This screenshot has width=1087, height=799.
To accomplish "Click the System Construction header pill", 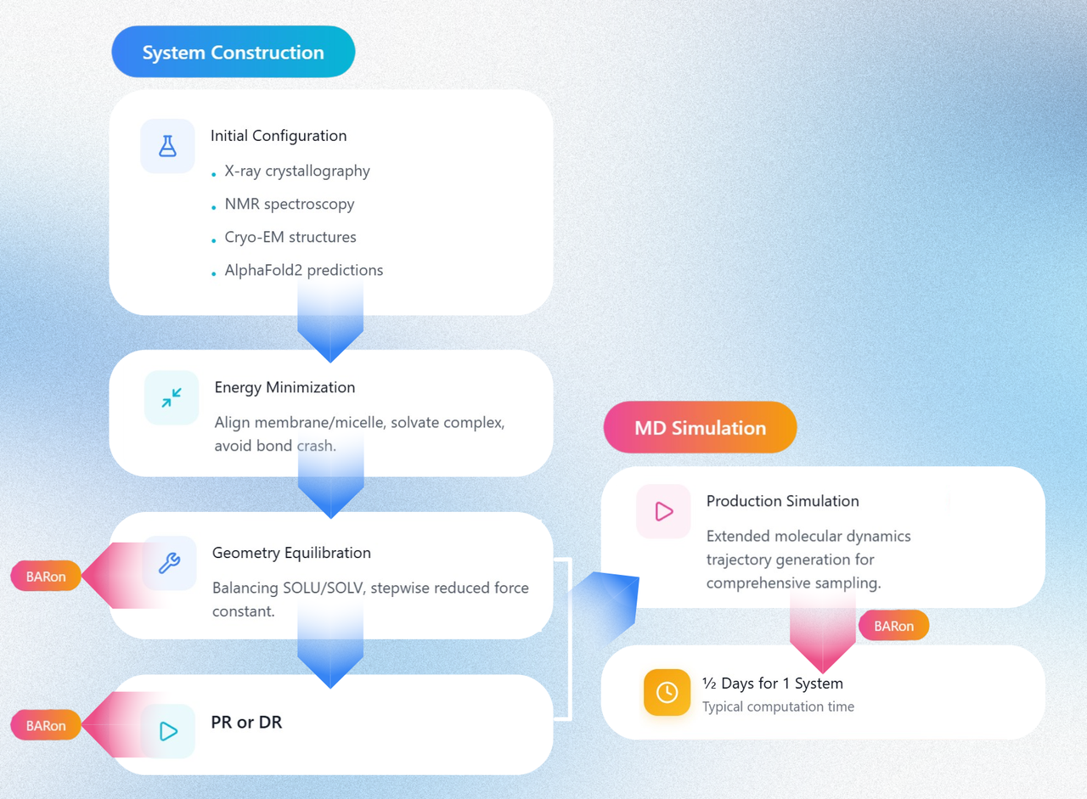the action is (233, 52).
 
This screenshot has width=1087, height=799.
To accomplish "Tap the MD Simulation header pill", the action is (700, 427).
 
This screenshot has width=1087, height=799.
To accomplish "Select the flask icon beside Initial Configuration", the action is (167, 146).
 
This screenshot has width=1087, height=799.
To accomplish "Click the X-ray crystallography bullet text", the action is (297, 172).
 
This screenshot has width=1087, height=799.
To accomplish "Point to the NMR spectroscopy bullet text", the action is (290, 205).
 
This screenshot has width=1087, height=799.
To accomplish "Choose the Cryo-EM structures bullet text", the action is (290, 237).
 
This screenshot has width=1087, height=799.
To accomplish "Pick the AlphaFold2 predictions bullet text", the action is (304, 270).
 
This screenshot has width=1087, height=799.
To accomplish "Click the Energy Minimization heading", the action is (284, 388).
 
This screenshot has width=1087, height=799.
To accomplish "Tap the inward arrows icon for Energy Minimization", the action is (172, 398).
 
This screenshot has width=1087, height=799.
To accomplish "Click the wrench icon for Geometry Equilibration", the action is (169, 563).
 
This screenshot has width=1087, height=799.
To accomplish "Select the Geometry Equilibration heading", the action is (291, 553).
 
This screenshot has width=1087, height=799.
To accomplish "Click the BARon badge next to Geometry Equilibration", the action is (46, 576).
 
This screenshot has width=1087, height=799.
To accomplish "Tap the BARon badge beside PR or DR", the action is (46, 725).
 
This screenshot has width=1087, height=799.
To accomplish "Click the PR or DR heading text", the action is (246, 723).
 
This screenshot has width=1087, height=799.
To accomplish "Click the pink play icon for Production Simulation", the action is (663, 511).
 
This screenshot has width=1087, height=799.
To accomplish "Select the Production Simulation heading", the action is (783, 501).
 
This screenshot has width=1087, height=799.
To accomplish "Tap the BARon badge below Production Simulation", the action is (894, 625).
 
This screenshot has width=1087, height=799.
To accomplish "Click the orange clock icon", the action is (667, 692).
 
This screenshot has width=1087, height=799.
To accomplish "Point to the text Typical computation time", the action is (779, 706).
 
